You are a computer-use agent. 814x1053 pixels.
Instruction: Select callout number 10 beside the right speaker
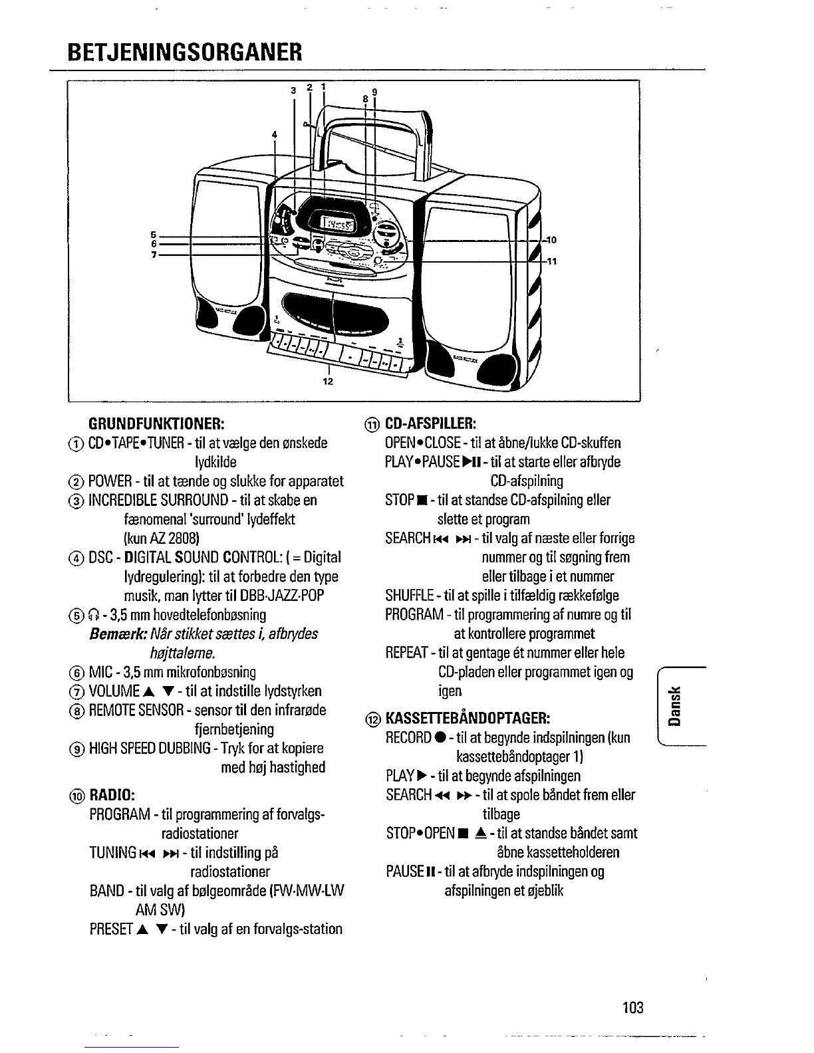click(x=551, y=240)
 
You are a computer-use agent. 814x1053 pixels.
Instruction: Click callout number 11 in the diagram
click(x=551, y=261)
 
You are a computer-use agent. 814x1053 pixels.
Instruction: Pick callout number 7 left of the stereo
click(x=153, y=255)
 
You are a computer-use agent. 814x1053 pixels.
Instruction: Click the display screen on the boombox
click(x=338, y=224)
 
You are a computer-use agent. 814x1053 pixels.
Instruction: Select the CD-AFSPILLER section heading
click(x=429, y=423)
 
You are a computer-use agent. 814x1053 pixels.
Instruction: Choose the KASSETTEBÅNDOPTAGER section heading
click(x=466, y=718)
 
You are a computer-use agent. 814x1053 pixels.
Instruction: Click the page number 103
click(x=633, y=1007)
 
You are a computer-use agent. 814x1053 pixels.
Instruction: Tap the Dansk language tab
click(x=675, y=705)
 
